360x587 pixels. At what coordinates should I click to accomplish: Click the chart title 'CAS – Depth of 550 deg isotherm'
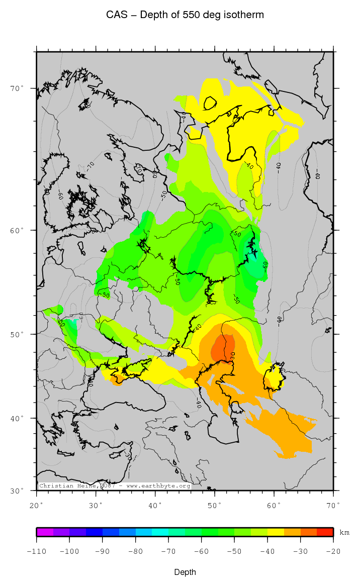click(185, 15)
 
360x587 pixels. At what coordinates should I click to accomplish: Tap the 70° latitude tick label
click(17, 88)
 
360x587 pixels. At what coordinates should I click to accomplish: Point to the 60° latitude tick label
click(17, 230)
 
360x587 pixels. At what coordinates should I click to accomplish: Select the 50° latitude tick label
click(17, 334)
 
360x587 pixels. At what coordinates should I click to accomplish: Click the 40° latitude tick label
click(17, 418)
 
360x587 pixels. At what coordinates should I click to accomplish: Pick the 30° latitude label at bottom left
click(17, 491)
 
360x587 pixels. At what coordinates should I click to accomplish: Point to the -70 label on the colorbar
click(168, 551)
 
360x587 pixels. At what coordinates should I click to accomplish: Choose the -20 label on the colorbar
click(333, 551)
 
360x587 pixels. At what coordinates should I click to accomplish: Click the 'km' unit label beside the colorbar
click(344, 532)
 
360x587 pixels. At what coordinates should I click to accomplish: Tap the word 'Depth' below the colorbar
click(185, 572)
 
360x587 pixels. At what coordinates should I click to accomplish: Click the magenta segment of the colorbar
click(45, 532)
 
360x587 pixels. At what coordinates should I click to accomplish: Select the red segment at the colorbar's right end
click(325, 532)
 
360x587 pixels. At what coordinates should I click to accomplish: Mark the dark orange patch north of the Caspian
click(223, 347)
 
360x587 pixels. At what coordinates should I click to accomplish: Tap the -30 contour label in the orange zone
click(233, 355)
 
